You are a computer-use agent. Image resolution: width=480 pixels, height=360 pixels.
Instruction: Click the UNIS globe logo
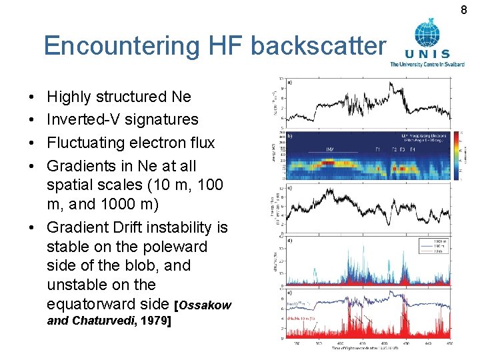(x=427, y=35)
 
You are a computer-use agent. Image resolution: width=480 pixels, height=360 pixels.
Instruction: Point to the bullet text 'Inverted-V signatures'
(x=123, y=119)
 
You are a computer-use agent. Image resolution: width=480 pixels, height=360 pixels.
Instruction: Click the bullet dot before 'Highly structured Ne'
(x=33, y=97)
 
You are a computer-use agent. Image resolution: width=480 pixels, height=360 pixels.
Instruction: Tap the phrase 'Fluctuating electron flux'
(x=131, y=143)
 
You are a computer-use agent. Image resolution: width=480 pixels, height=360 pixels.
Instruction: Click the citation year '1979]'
(x=156, y=321)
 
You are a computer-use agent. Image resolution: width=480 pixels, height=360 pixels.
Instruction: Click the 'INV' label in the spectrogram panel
(x=331, y=149)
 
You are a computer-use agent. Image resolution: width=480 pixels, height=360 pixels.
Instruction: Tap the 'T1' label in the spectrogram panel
(x=377, y=149)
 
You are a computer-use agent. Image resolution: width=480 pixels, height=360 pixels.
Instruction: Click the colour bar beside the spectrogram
(x=457, y=155)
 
